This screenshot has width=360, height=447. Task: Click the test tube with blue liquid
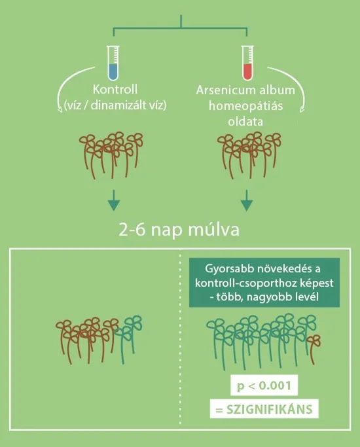[x=113, y=63]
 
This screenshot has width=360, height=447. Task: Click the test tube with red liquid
[x=247, y=63]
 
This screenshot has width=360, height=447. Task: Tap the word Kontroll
[x=115, y=90]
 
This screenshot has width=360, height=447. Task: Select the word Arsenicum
[x=221, y=90]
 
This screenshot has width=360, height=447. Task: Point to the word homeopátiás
[x=245, y=106]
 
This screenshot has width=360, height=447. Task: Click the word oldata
[x=245, y=122]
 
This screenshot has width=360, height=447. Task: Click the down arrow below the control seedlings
[x=114, y=200]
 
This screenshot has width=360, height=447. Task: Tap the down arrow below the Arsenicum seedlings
[x=247, y=200]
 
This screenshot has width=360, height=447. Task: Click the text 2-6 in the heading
[x=131, y=230]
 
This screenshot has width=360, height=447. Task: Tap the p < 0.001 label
[x=264, y=385]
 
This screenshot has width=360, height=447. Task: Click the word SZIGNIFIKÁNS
[x=270, y=410]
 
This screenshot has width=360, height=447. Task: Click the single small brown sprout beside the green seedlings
[x=314, y=349]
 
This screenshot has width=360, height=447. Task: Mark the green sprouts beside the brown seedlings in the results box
[x=128, y=338]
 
